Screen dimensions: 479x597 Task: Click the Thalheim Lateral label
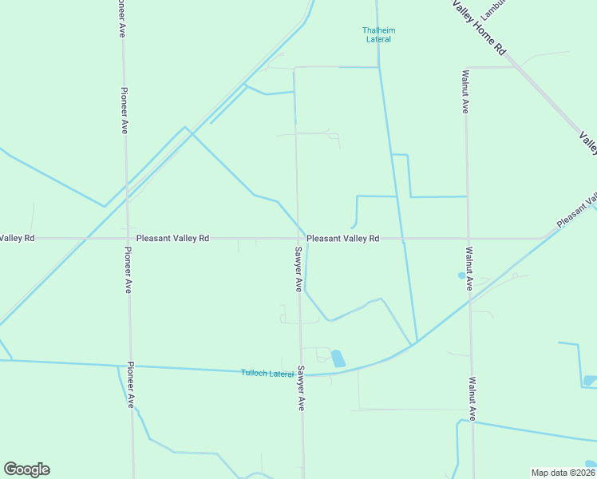pyautogui.click(x=379, y=34)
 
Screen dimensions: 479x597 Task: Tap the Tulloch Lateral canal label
pyautogui.click(x=267, y=374)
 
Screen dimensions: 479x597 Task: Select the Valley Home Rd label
pyautogui.click(x=480, y=27)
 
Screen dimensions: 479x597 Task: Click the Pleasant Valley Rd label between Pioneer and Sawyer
pyautogui.click(x=172, y=238)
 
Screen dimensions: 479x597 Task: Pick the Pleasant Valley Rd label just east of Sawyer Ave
pyautogui.click(x=342, y=238)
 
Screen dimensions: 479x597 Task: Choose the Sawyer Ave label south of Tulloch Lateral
pyautogui.click(x=302, y=388)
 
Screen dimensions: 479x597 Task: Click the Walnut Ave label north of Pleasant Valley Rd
pyautogui.click(x=465, y=92)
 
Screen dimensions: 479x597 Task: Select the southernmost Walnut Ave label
pyautogui.click(x=472, y=398)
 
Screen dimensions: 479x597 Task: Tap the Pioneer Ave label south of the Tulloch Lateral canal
pyautogui.click(x=130, y=384)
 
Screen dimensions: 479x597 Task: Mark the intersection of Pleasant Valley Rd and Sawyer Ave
pyautogui.click(x=298, y=238)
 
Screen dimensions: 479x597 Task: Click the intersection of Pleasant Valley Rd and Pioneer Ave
pyautogui.click(x=126, y=238)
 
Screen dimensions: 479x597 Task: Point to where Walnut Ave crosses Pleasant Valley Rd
pyautogui.click(x=469, y=238)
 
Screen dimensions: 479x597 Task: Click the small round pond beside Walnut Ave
pyautogui.click(x=461, y=275)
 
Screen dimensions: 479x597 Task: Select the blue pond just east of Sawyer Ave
pyautogui.click(x=338, y=358)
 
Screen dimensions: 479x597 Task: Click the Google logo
pyautogui.click(x=26, y=469)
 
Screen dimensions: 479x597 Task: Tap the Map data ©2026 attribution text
pyautogui.click(x=562, y=472)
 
